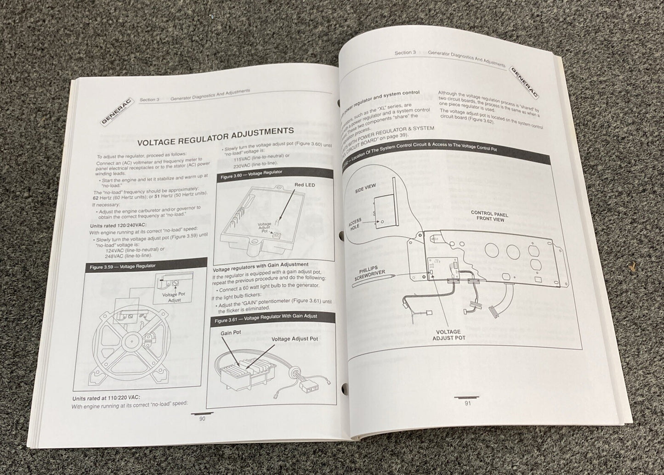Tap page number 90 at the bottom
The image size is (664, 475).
pos(202,418)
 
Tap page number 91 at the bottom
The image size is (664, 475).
pos(467,403)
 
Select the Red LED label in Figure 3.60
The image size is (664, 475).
pos(304,185)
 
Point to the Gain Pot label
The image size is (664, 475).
pos(231,332)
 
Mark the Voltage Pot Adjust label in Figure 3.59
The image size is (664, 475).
pos(174,297)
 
